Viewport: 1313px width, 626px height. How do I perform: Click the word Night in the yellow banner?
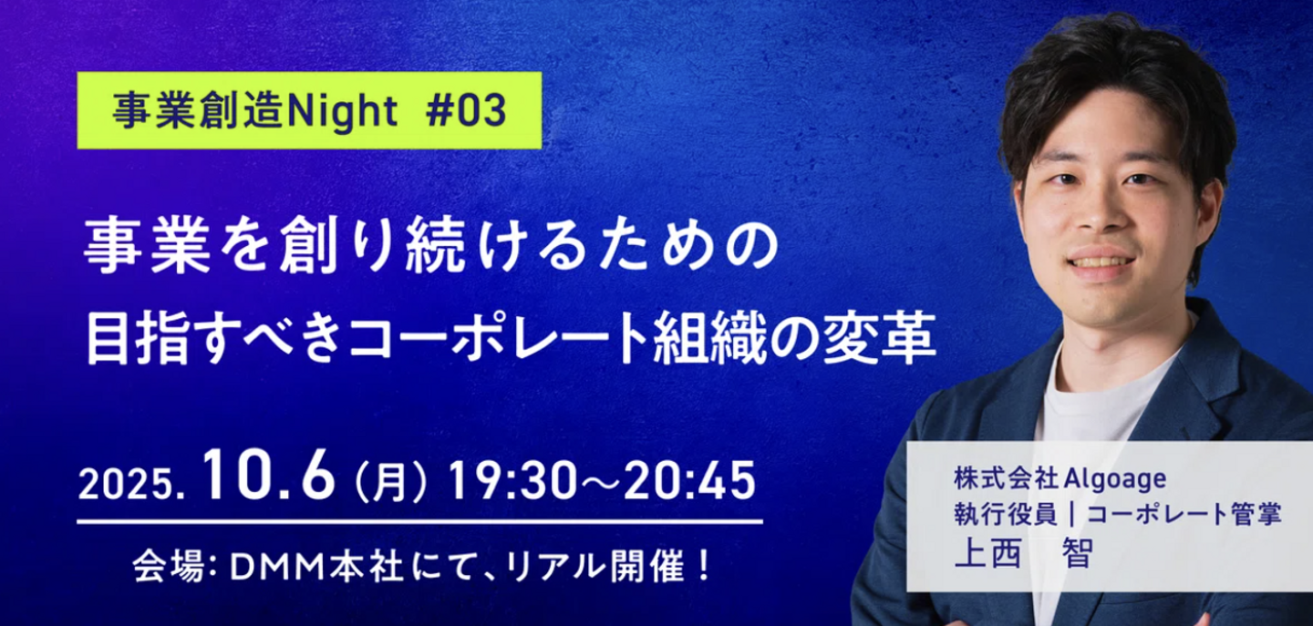pos(343,110)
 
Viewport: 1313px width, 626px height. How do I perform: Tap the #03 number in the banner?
pos(467,110)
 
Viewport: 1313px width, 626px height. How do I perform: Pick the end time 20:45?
pos(689,481)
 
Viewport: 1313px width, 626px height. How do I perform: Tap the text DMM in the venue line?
pos(278,567)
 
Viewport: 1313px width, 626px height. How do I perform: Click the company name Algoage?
pos(1114,479)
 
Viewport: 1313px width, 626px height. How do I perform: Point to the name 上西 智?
pos(1023,553)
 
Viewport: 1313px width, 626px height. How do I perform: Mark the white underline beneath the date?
pos(419,521)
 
